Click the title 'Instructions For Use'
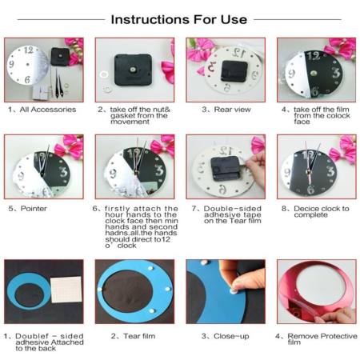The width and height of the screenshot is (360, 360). (x=180, y=18)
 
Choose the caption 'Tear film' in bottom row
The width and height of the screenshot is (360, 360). (x=130, y=336)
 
